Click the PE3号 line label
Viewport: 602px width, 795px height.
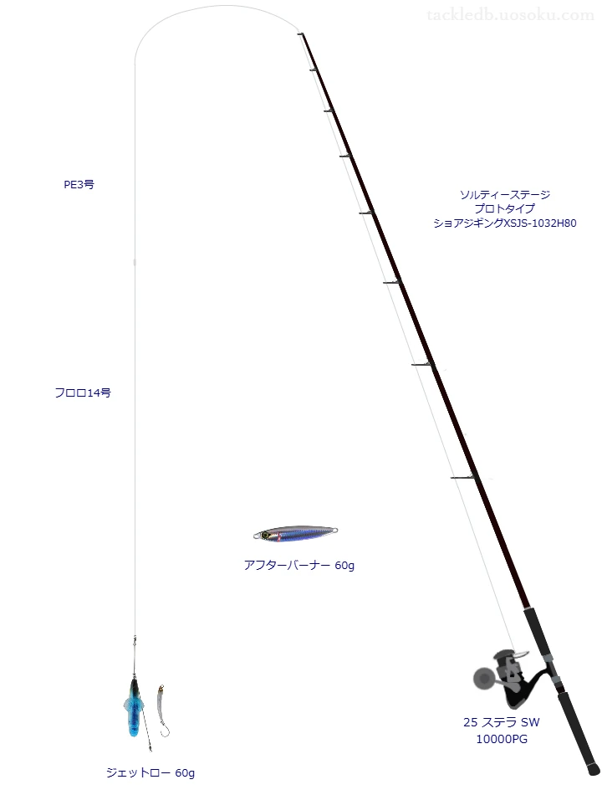(x=79, y=185)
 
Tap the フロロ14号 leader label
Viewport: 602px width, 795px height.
(x=83, y=392)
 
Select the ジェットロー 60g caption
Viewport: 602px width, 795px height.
(x=150, y=772)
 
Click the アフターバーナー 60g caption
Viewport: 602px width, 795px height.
(x=299, y=565)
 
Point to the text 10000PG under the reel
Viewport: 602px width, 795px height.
(x=502, y=739)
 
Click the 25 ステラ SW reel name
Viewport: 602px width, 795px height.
(x=502, y=722)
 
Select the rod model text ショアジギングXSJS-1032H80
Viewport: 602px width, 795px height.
(x=505, y=223)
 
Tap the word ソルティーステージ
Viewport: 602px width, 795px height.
(x=505, y=195)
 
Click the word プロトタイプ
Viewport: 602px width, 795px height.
(x=505, y=209)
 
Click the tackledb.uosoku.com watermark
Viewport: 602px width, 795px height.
(x=511, y=15)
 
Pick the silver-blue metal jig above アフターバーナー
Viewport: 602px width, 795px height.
(x=295, y=533)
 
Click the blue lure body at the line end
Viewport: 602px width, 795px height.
(x=134, y=707)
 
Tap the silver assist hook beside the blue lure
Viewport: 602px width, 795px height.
(x=163, y=710)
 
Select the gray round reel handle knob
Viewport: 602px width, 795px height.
(x=483, y=678)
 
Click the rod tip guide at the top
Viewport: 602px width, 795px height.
(x=300, y=34)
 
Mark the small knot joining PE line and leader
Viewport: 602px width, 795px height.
(x=135, y=262)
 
